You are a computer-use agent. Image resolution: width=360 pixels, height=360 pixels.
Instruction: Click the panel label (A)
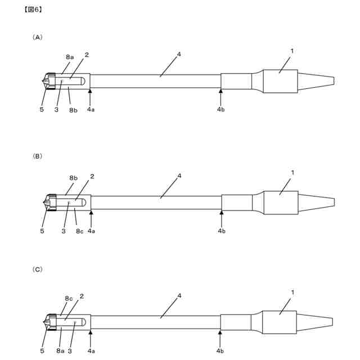tap(37, 37)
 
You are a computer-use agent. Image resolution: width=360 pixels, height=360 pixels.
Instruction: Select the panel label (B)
tap(37, 156)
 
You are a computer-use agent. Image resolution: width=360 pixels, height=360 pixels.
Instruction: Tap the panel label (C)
tap(37, 269)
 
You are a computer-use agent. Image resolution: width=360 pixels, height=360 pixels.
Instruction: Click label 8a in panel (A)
tap(70, 57)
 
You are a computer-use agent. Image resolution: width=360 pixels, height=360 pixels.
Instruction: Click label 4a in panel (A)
tap(91, 110)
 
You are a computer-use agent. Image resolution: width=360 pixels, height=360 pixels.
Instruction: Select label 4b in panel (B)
tap(222, 231)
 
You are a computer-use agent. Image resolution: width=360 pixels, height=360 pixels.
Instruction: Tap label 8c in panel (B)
tap(79, 231)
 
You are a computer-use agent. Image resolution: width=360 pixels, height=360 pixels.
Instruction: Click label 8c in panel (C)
tap(68, 298)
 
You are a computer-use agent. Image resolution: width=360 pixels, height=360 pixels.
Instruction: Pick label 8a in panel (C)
tap(60, 350)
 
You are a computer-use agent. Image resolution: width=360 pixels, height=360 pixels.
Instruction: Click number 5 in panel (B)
tap(42, 231)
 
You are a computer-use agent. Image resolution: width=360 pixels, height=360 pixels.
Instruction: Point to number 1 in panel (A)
tap(292, 51)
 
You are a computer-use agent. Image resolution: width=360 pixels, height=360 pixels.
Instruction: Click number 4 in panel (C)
tap(179, 295)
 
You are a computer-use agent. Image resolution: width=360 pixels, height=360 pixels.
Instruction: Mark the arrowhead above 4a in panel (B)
tap(91, 213)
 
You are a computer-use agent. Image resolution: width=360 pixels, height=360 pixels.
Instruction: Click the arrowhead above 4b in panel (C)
tap(220, 333)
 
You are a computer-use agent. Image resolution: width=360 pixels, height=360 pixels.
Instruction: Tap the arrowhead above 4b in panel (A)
tap(220, 91)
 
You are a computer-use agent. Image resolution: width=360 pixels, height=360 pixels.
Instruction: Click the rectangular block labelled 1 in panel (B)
tap(281, 202)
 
